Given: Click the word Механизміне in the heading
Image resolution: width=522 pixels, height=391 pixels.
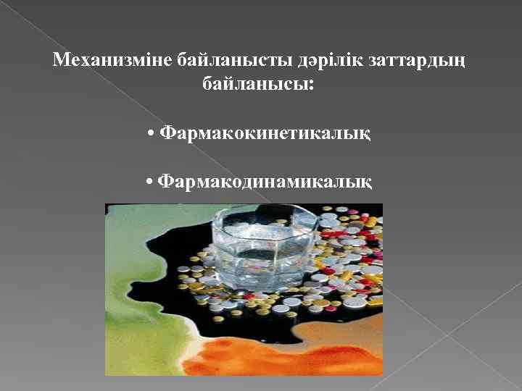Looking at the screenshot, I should pos(112,61).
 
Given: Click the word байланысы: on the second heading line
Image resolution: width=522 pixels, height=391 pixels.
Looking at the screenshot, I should pos(259,85).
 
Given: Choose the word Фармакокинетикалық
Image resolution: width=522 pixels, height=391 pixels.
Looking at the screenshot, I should pos(265,134).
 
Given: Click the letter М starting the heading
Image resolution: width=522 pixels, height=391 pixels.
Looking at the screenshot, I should pos(61,61).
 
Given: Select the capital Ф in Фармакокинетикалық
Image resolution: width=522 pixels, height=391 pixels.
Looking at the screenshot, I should pos(167,134).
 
